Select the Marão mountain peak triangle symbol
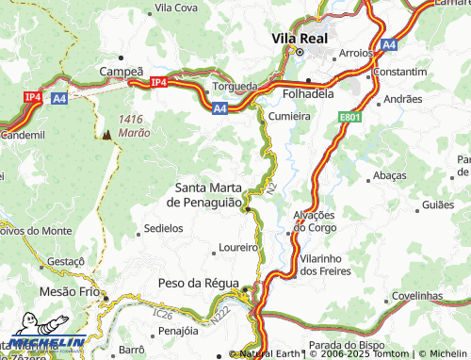(x=106, y=135)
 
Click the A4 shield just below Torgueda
(x=219, y=109)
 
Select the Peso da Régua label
(x=203, y=283)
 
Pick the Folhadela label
(x=311, y=94)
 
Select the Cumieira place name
(x=290, y=115)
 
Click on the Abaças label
(x=389, y=176)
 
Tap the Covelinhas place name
(x=415, y=295)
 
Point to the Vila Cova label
(x=175, y=8)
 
